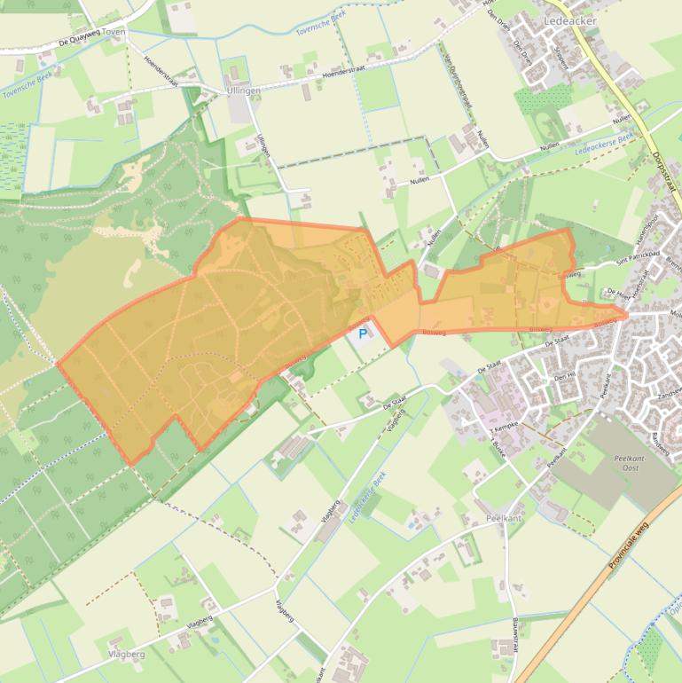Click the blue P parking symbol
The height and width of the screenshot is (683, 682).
(362, 334)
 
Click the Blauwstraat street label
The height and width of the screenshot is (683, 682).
(515, 635)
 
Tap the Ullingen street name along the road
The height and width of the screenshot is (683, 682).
(263, 145)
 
